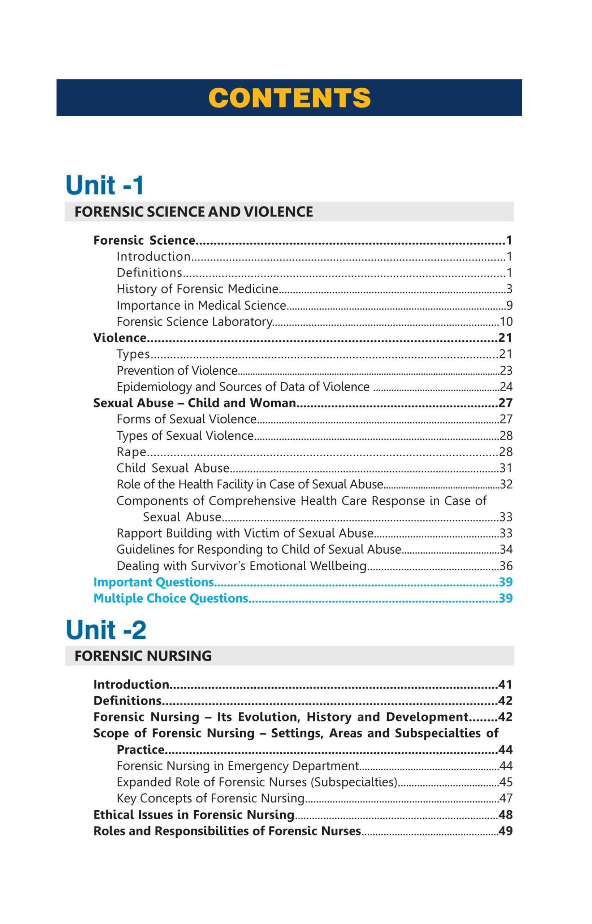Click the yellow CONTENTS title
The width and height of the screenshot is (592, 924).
coord(289,98)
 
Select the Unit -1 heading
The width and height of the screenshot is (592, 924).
coord(105,185)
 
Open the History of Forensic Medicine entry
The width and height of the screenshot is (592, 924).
coord(197,289)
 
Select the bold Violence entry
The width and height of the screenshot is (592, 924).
coord(120,338)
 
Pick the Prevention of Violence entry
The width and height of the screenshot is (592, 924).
coord(177,371)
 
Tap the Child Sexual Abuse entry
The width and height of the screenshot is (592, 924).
coord(173,468)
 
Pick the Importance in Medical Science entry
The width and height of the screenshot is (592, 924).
coord(202,305)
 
